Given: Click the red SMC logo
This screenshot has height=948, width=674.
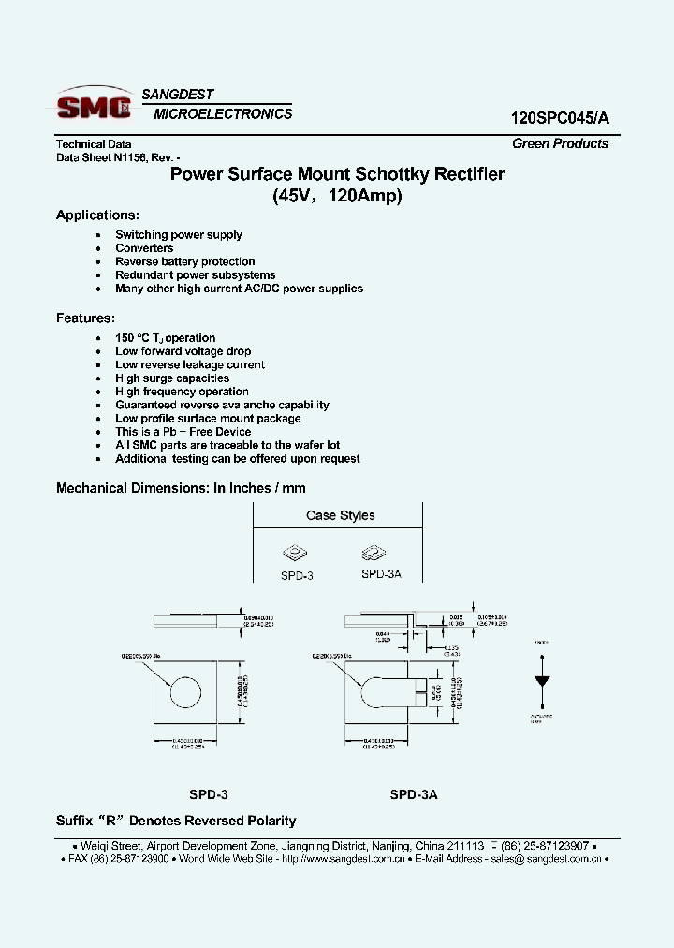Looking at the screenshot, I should [93, 106].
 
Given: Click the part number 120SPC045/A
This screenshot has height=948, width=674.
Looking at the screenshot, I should [559, 118].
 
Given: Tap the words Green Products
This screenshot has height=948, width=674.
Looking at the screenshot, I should [560, 143].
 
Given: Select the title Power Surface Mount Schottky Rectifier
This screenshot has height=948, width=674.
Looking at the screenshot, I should [337, 174].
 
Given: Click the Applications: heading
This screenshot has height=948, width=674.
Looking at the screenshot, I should [97, 215].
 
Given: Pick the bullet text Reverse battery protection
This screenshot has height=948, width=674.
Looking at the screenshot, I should [184, 261].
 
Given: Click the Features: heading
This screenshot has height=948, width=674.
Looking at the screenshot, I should [85, 318].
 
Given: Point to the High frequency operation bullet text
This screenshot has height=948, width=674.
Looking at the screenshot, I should [182, 392].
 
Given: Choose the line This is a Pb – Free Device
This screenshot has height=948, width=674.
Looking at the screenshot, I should [183, 432].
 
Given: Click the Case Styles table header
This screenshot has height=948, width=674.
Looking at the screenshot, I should [340, 515].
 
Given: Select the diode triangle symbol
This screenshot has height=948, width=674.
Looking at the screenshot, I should [541, 681].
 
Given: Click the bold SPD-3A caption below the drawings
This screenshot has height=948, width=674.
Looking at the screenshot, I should [414, 793].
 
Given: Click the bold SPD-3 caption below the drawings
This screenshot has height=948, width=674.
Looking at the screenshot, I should [208, 793].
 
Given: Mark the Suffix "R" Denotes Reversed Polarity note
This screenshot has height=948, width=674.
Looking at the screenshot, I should [176, 821].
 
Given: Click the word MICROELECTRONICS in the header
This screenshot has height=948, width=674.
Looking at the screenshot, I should [222, 114].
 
